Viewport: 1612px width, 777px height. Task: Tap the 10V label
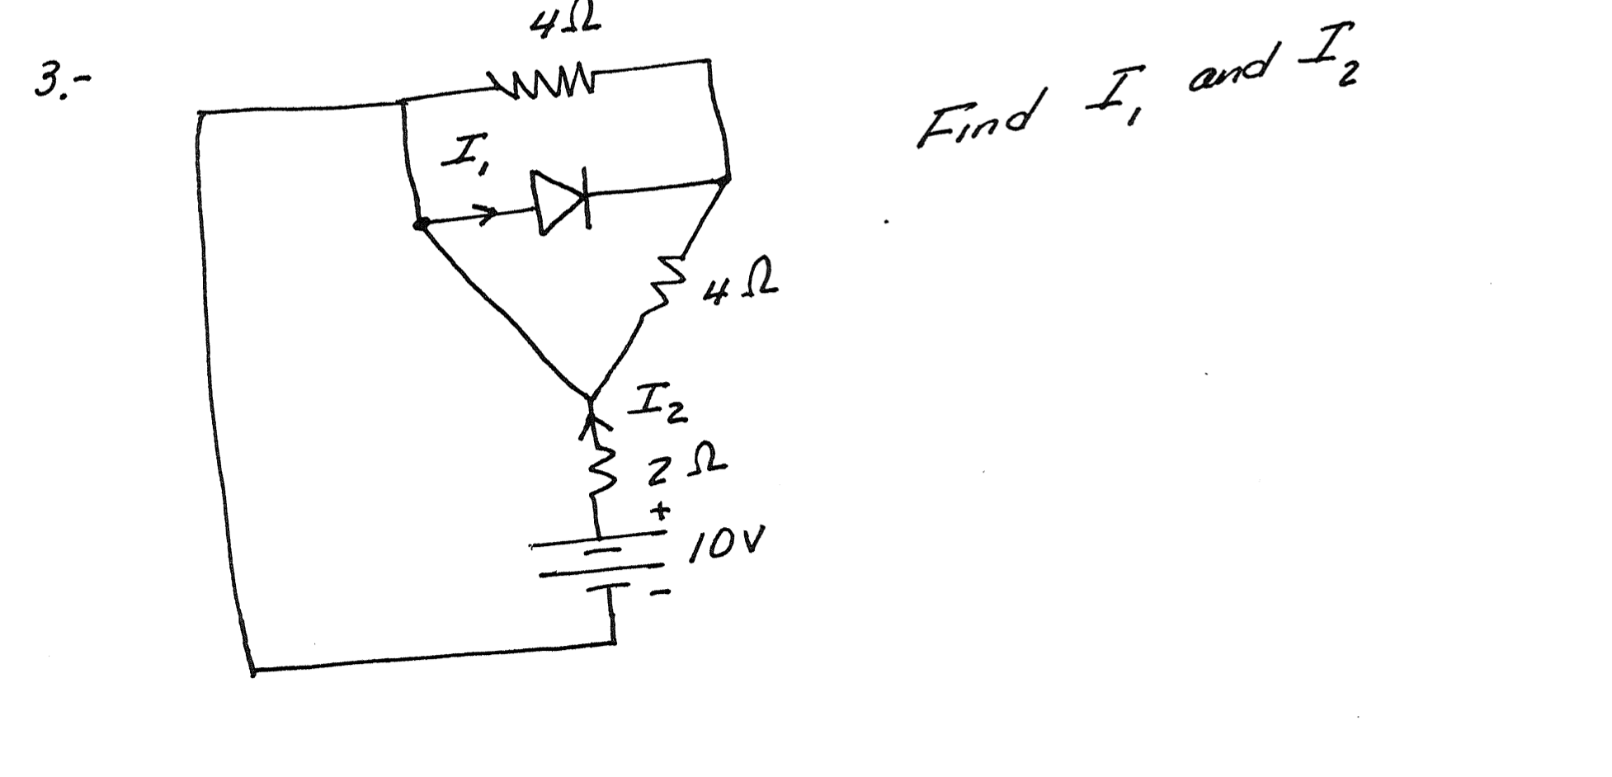(x=726, y=544)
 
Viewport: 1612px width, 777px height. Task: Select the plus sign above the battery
(x=660, y=511)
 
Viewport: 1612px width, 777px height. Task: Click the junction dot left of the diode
(x=420, y=224)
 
